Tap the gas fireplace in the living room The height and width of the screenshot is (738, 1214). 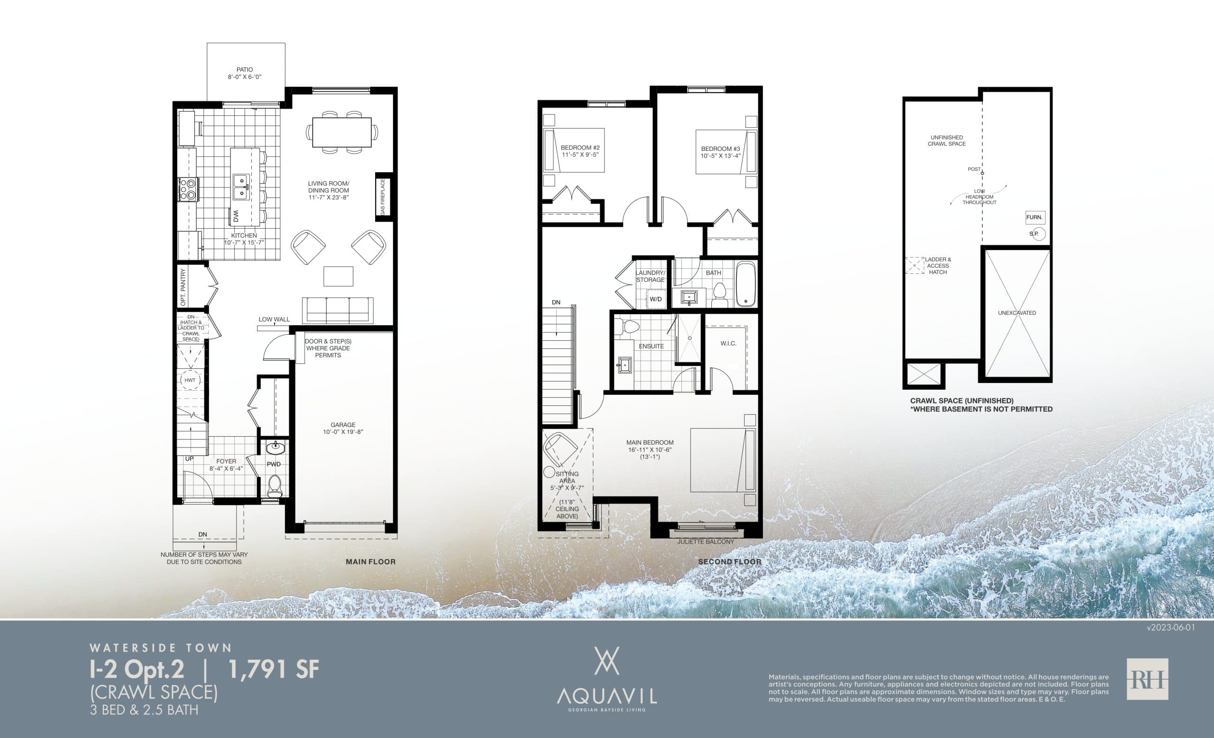(383, 196)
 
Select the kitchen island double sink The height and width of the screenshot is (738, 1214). (240, 187)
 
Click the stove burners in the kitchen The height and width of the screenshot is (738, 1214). (187, 189)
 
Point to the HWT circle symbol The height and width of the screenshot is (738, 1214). (190, 380)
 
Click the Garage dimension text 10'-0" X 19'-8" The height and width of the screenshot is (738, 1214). (343, 432)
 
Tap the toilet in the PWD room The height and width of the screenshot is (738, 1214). (274, 486)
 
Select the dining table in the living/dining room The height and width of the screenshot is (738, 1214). (341, 132)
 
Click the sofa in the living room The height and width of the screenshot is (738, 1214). (338, 309)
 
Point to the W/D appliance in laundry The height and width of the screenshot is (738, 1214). (655, 299)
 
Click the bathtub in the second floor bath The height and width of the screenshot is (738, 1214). (745, 284)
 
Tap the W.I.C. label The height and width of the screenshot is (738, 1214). (728, 343)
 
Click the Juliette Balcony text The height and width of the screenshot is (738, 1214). (706, 542)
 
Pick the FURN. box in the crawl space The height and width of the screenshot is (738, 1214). (1035, 217)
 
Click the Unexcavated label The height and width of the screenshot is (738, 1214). (1017, 313)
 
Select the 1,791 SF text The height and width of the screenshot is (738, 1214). (274, 670)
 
